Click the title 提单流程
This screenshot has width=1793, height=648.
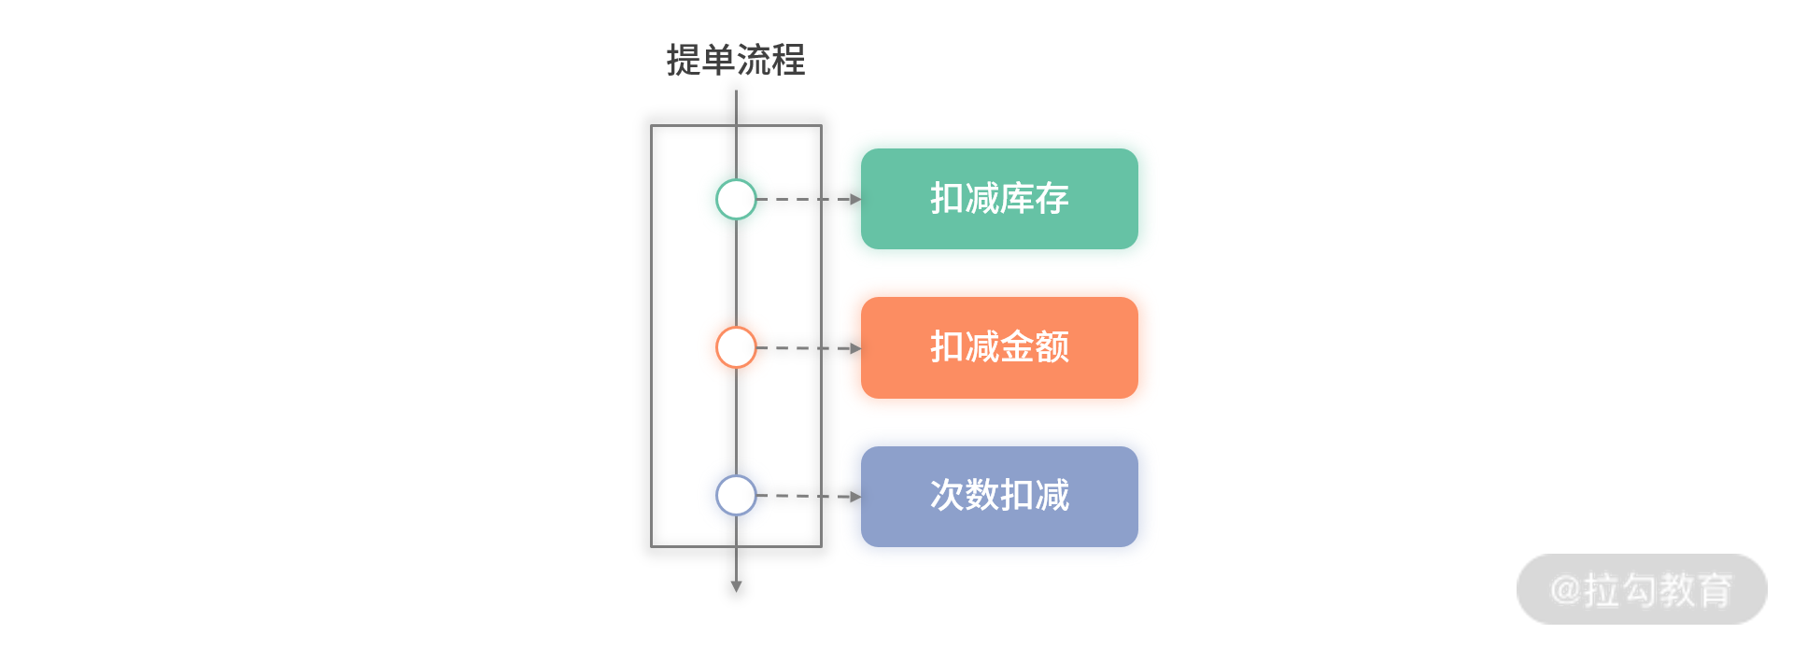(x=736, y=61)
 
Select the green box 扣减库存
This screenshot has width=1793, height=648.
(x=999, y=199)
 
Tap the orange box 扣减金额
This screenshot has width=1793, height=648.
(x=999, y=347)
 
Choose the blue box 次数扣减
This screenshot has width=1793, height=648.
(x=999, y=496)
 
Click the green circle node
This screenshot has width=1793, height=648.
(x=736, y=180)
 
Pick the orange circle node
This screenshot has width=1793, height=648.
(x=736, y=328)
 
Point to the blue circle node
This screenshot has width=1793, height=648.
(x=736, y=476)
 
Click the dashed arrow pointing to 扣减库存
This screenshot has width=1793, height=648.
(x=809, y=199)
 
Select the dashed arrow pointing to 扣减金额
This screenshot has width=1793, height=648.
(x=809, y=347)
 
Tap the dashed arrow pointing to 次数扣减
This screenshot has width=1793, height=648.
(x=809, y=496)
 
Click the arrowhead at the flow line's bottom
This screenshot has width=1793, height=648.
(x=736, y=586)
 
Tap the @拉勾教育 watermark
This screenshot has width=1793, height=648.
(x=1642, y=590)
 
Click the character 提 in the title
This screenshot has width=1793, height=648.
(x=684, y=61)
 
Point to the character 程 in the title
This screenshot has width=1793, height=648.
(x=788, y=61)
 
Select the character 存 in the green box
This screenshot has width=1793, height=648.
(x=1052, y=199)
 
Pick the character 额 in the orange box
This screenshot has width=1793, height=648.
(x=1052, y=347)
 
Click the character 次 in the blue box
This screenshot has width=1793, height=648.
(x=947, y=496)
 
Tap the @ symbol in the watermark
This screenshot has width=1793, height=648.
(x=1565, y=590)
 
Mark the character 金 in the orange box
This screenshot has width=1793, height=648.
(x=1017, y=347)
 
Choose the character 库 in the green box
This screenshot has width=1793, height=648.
(x=1017, y=199)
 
